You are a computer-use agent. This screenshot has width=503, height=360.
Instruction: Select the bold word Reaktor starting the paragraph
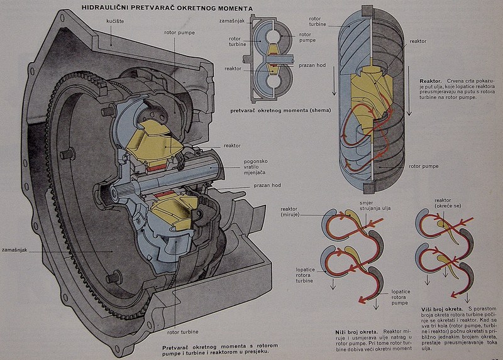pyautogui.click(x=431, y=81)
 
